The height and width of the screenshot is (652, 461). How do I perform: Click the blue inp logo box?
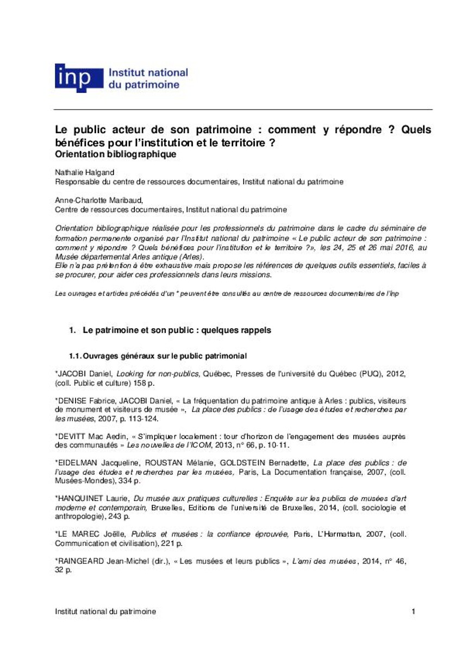[x=78, y=78]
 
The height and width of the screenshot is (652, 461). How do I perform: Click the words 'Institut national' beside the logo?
[x=148, y=73]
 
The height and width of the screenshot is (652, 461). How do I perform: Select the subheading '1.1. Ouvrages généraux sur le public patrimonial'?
[x=158, y=356]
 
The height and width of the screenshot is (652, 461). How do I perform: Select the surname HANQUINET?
[x=79, y=498]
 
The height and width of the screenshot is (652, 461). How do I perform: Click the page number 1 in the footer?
[x=414, y=611]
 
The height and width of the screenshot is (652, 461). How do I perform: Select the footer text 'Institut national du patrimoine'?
[x=105, y=611]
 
